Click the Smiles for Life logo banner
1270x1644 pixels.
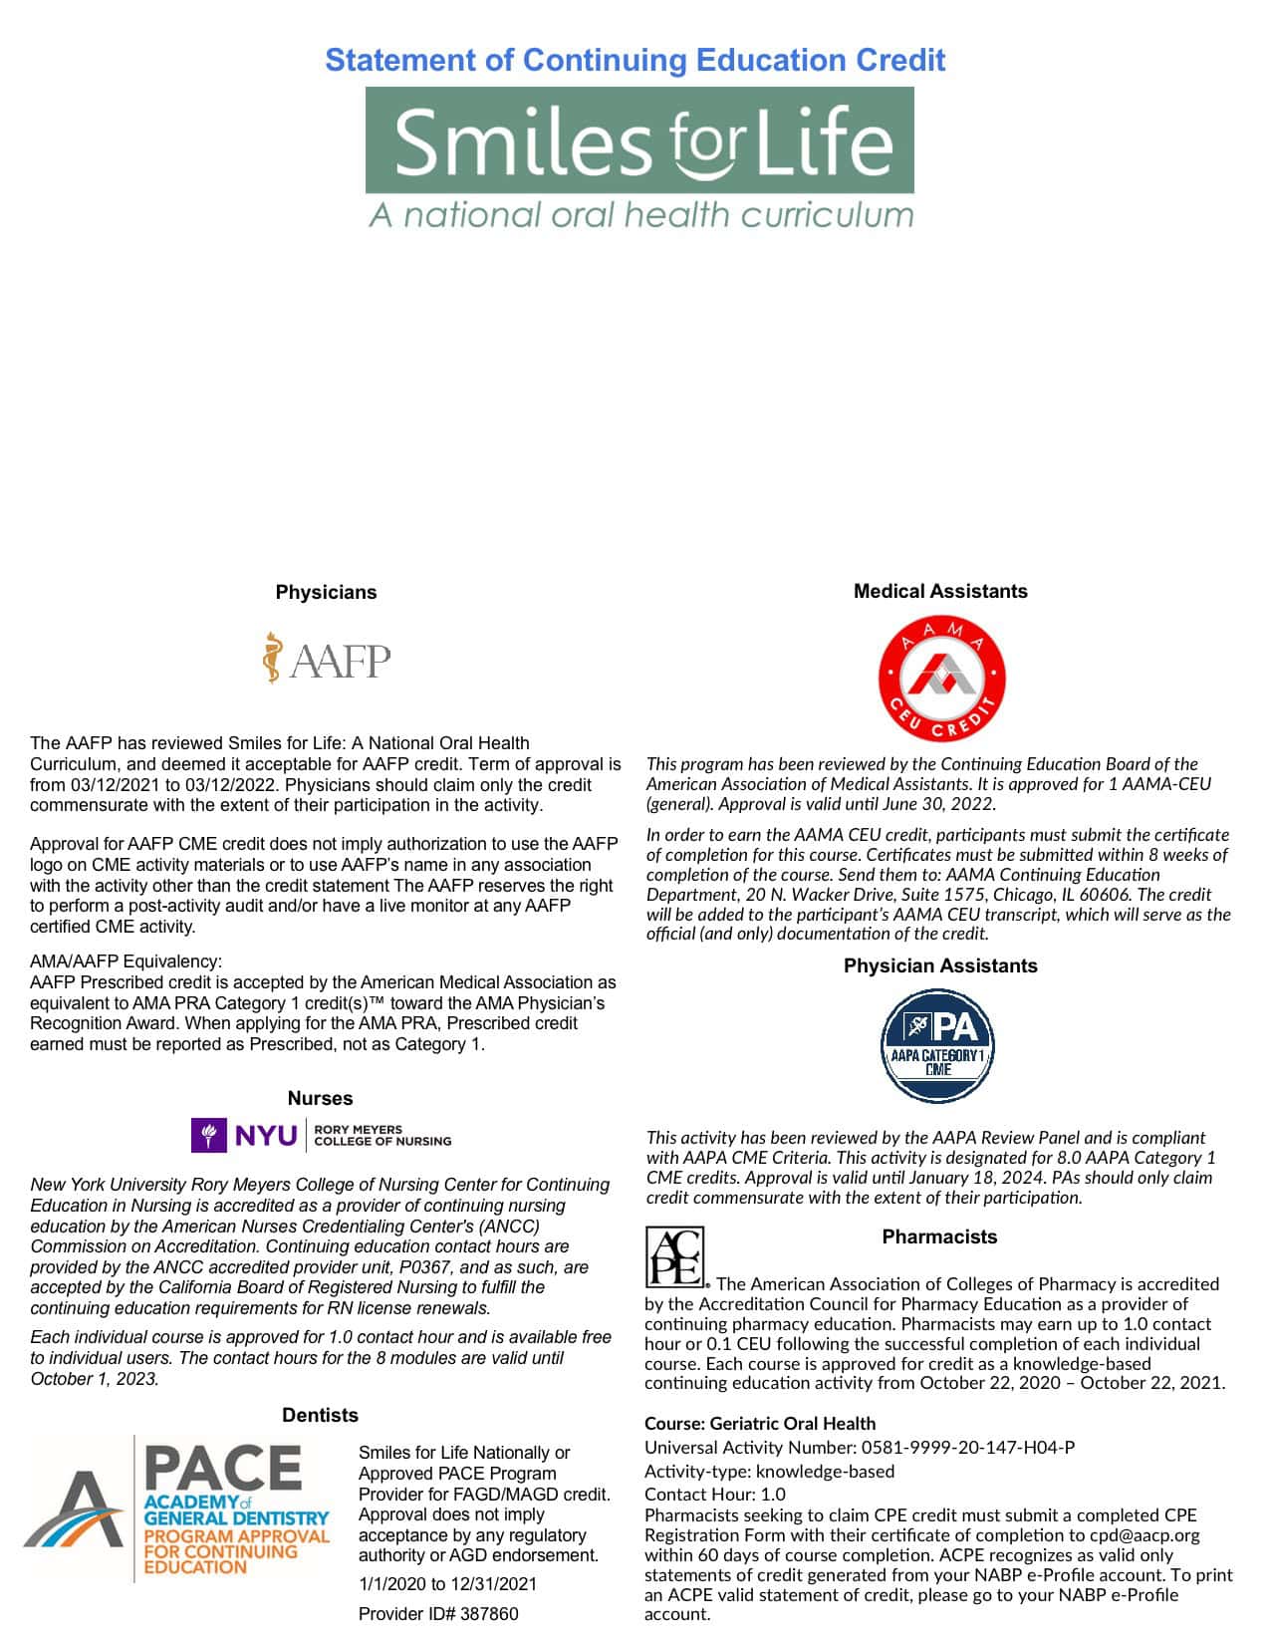tap(639, 139)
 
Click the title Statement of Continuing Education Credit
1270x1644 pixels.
tap(635, 60)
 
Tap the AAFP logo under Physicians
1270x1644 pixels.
tap(327, 658)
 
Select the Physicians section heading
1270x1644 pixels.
tap(326, 592)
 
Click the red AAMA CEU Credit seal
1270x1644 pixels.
tap(940, 678)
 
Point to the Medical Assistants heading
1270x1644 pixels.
tap(940, 591)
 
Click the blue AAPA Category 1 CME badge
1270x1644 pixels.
tap(938, 1046)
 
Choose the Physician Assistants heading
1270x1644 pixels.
tap(940, 965)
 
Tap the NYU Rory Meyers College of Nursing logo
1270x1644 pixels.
tap(321, 1135)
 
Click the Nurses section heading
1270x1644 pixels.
tap(320, 1098)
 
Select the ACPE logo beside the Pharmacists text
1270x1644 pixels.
tap(674, 1256)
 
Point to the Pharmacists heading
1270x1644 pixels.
tap(939, 1236)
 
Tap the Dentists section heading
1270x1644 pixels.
tap(320, 1415)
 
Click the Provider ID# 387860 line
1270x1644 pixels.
tap(438, 1614)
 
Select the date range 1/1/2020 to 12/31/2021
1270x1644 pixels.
tap(447, 1584)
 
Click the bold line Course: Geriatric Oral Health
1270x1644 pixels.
tap(760, 1424)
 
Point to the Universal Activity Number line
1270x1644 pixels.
tap(860, 1448)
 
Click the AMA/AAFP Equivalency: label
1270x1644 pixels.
tap(127, 961)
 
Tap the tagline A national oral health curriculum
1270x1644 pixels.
tap(640, 215)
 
